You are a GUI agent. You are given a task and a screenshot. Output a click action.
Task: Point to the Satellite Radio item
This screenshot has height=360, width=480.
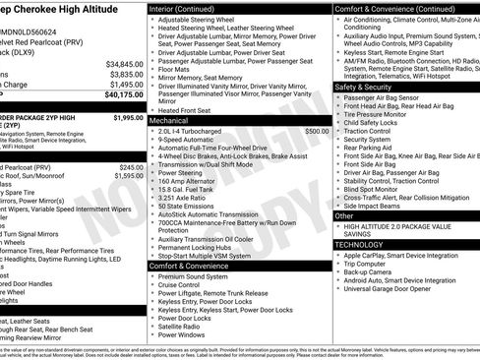click(183, 327)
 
